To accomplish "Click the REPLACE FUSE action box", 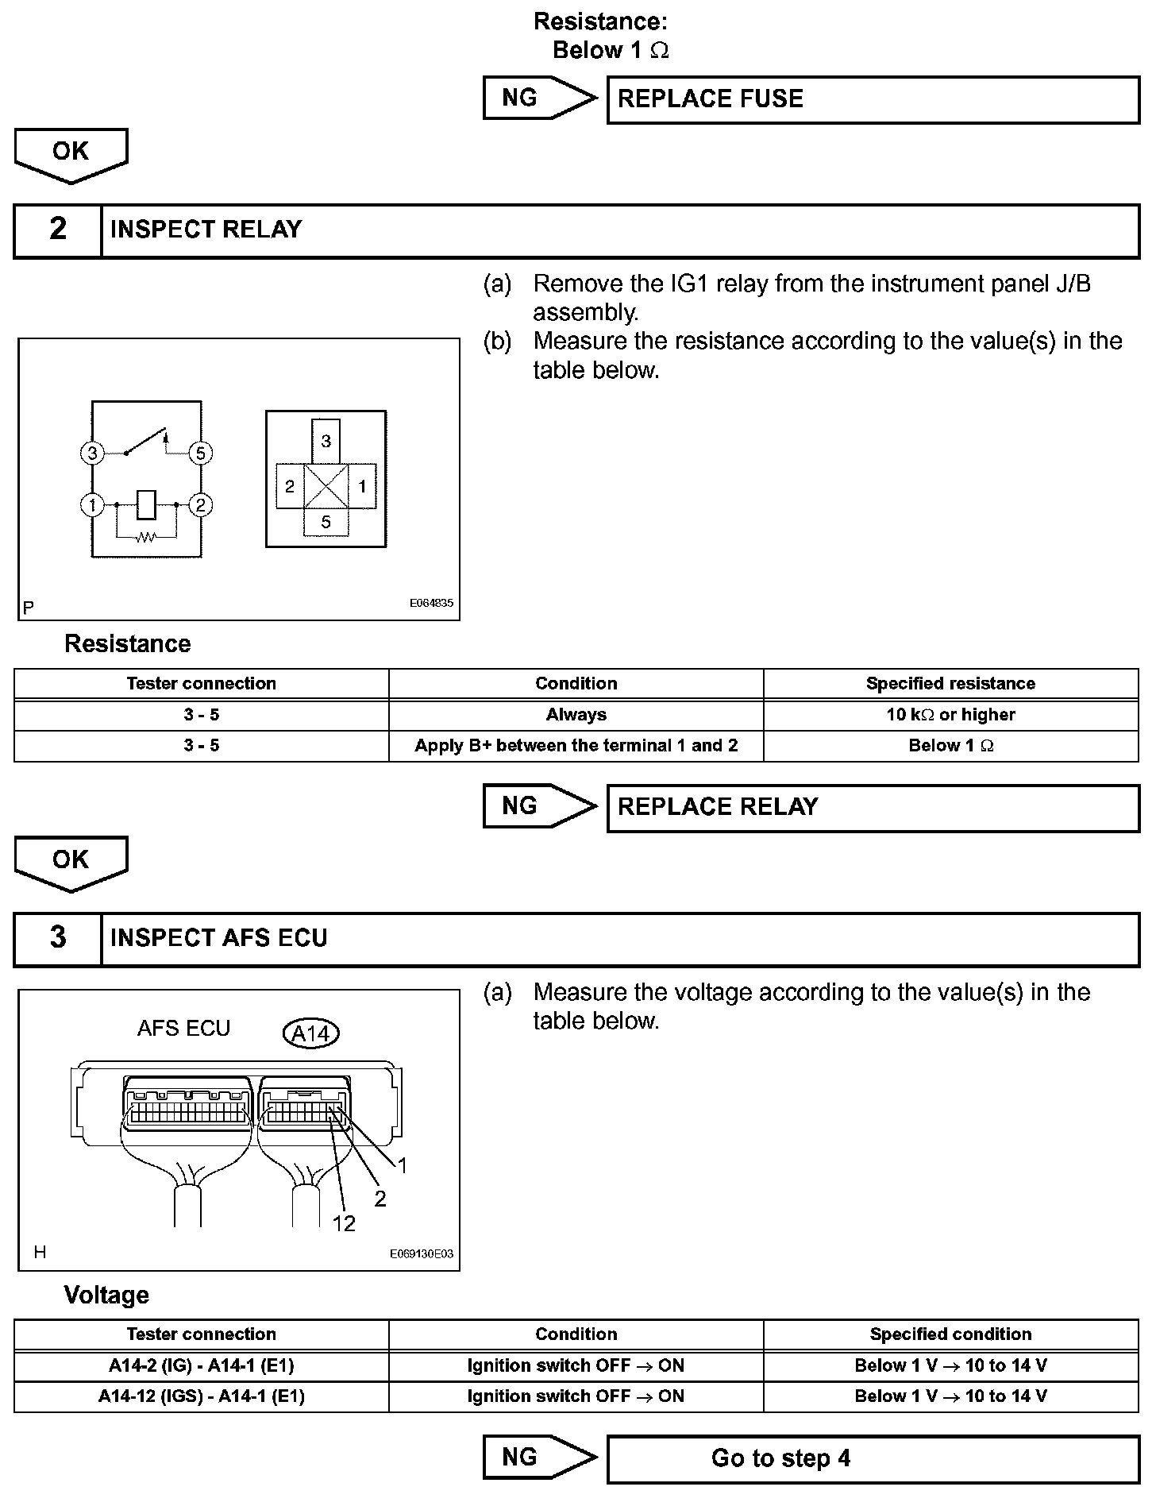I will click(x=873, y=99).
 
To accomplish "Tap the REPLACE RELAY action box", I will click(x=873, y=808).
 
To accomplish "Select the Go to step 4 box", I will click(x=873, y=1459).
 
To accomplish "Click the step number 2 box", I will click(x=58, y=230).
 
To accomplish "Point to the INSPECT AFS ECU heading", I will click(x=219, y=938).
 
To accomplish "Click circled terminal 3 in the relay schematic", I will click(x=93, y=454).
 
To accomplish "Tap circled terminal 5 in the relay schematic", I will click(x=200, y=454).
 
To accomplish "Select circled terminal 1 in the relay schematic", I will click(x=93, y=505).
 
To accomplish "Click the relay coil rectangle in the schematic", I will click(x=147, y=504).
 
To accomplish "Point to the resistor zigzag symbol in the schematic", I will click(x=146, y=538).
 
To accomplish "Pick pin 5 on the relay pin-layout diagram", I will click(x=326, y=523).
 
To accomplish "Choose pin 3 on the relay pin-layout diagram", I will click(x=326, y=441).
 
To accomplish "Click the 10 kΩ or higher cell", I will click(x=950, y=715).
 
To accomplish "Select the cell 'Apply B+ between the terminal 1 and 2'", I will click(x=576, y=746).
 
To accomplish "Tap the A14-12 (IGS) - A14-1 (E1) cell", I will click(x=201, y=1396).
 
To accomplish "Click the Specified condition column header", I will click(x=950, y=1334).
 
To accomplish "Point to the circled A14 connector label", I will click(x=311, y=1033).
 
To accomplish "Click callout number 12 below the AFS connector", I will click(x=344, y=1224).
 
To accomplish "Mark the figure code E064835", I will click(x=431, y=604).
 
